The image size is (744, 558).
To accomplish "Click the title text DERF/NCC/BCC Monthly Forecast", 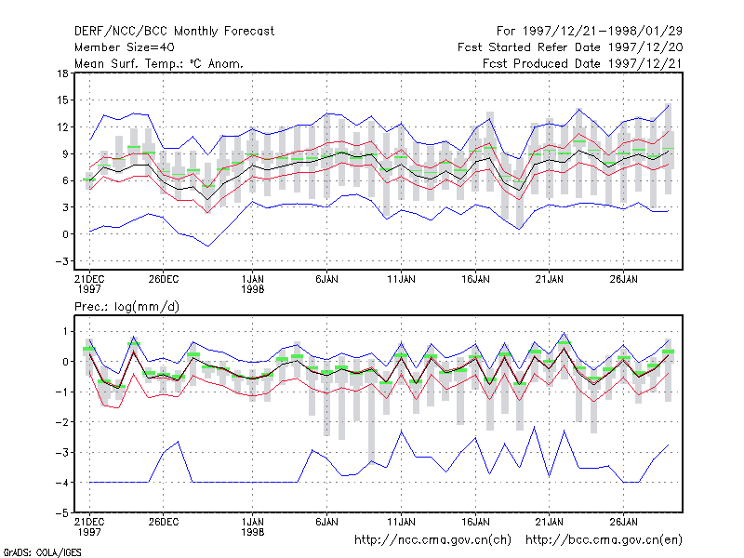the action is tap(174, 32).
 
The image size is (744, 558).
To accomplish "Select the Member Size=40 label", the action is tap(125, 47).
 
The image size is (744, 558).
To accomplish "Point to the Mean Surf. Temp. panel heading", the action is tap(158, 63).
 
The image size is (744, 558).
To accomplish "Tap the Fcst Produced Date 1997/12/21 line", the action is tap(582, 63).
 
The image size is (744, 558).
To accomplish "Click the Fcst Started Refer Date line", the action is tap(570, 47).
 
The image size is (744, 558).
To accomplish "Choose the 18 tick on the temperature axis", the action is tap(62, 73).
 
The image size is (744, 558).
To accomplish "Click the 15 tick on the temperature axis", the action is tap(62, 100).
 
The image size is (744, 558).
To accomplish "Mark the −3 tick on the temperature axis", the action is tap(61, 261).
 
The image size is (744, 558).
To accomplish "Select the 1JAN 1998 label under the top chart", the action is tap(252, 284).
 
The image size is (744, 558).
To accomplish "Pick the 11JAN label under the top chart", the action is tap(401, 279).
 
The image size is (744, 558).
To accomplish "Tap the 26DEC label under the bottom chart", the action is tap(164, 522).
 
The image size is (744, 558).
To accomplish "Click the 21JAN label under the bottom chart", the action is tap(550, 522).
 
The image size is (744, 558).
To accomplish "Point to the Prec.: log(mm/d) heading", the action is tap(126, 307).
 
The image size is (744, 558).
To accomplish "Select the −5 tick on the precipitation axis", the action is tap(61, 513).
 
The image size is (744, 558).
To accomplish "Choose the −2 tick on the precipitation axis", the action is tap(61, 422).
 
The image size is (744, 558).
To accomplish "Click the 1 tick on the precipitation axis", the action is tap(65, 331).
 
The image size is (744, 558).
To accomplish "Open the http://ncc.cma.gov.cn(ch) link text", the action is tap(432, 540).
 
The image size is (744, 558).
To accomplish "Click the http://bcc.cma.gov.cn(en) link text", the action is tap(604, 540).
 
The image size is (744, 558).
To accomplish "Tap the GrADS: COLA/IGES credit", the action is tap(43, 552).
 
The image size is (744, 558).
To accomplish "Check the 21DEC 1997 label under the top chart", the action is tap(89, 284).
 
